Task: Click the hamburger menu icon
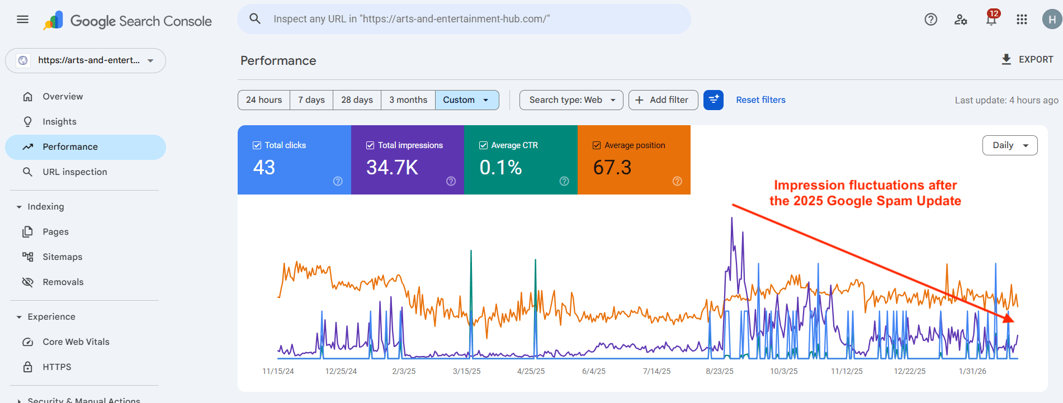click(22, 20)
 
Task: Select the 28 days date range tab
click(357, 100)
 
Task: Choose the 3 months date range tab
click(408, 100)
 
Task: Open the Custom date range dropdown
click(466, 100)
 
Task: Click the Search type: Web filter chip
click(571, 100)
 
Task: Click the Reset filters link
click(760, 100)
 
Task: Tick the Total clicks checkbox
click(257, 145)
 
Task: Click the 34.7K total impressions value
click(392, 167)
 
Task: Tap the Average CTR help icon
click(564, 181)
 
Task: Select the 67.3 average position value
click(612, 167)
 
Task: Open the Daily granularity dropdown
click(1009, 145)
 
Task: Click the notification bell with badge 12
click(991, 20)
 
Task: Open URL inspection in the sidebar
click(74, 172)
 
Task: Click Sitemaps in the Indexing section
click(62, 257)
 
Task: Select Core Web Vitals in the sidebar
click(75, 342)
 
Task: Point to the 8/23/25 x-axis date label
click(719, 371)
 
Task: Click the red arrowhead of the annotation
click(1009, 319)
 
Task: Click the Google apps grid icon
click(1022, 20)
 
